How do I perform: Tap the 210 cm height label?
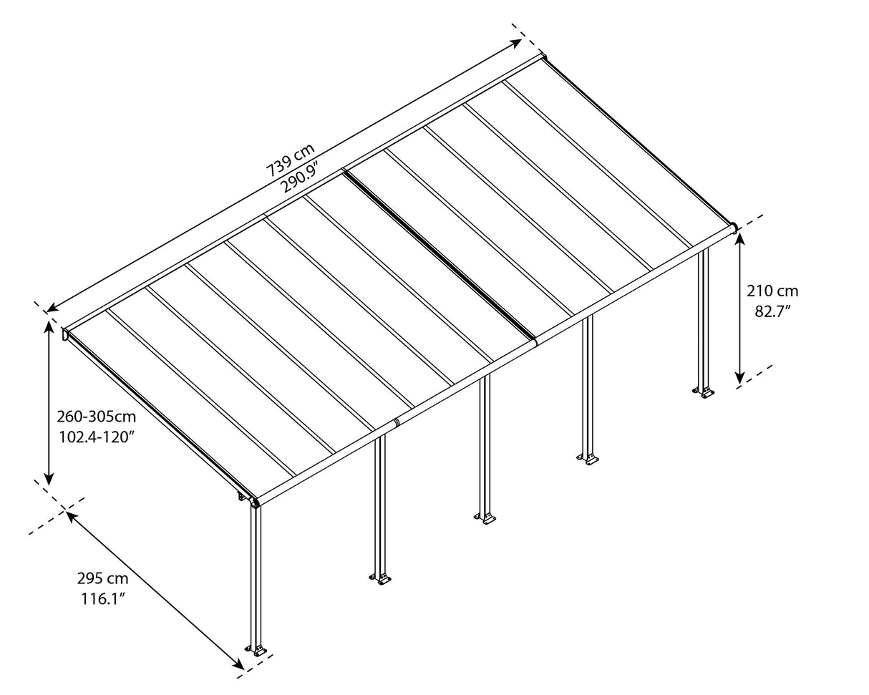[x=772, y=291]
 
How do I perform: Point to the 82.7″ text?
[x=772, y=311]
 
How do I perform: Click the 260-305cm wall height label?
[x=96, y=417]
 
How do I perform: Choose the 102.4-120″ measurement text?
[x=96, y=437]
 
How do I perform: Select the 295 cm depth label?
[x=102, y=578]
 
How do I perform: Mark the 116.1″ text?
[x=102, y=598]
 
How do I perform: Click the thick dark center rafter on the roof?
[x=440, y=253]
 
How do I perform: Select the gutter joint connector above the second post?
[x=395, y=423]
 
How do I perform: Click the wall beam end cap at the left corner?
[x=66, y=333]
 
